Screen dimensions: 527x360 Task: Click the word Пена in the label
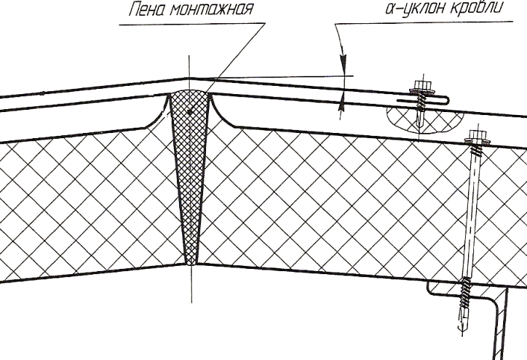point(147,10)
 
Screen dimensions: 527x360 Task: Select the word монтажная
point(211,10)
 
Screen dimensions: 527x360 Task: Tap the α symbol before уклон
point(390,8)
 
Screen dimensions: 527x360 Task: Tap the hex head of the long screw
point(473,135)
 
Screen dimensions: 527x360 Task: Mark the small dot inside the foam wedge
point(190,112)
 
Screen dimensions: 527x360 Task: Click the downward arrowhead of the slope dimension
point(343,63)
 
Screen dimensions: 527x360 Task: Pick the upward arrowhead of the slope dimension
point(342,102)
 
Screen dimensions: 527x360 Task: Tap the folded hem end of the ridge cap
point(446,99)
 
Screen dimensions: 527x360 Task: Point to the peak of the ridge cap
point(188,78)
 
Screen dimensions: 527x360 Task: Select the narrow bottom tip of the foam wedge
point(192,263)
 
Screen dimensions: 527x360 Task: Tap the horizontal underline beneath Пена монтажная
point(193,24)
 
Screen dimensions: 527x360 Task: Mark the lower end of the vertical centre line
point(192,302)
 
